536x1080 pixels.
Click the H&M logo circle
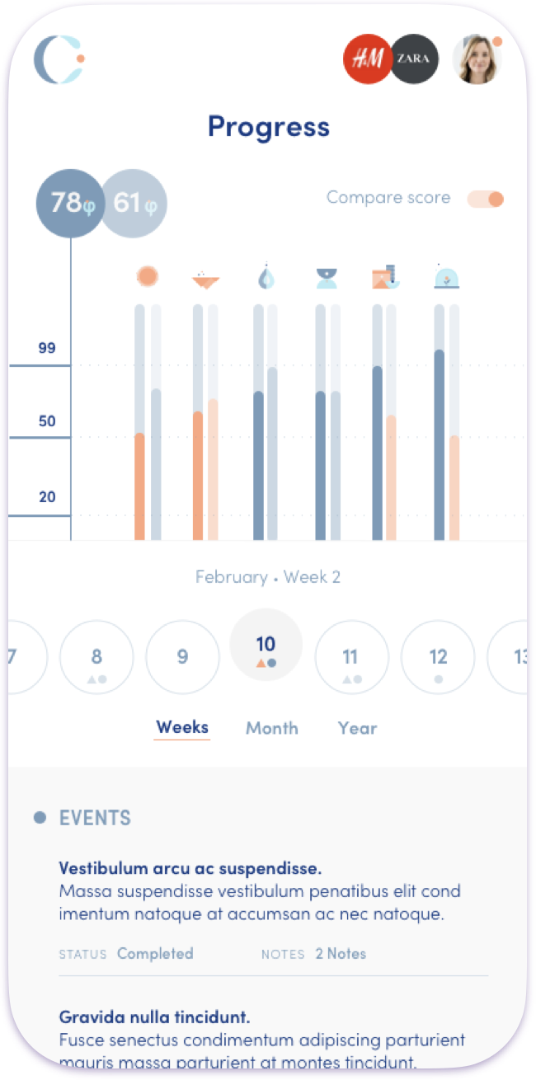367,59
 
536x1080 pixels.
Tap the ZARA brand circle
414,59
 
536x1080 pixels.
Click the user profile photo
477,59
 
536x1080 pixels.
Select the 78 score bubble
70,203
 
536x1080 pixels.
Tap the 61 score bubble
134,203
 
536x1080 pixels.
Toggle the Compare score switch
485,199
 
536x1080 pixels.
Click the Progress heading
268,127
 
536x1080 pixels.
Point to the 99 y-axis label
47,348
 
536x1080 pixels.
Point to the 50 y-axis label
47,421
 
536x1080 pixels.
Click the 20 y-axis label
47,496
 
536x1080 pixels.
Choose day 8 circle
96,657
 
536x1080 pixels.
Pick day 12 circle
438,657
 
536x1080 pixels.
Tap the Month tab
272,728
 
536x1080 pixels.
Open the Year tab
357,728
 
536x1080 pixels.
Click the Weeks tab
182,727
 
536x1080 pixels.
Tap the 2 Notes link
341,954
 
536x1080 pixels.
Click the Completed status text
155,954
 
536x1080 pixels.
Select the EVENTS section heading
95,818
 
